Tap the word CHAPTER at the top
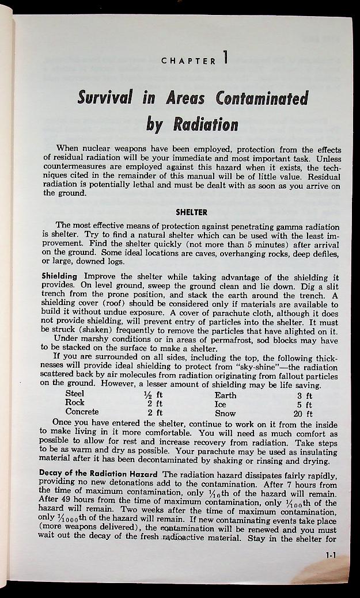188,60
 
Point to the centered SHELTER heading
191,212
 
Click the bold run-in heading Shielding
60,276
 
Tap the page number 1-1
330,556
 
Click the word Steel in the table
74,395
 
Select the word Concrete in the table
82,412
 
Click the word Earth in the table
225,395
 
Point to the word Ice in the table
220,404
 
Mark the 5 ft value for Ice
305,404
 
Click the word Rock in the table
75,403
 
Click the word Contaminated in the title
262,98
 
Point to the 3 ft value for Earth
305,395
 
